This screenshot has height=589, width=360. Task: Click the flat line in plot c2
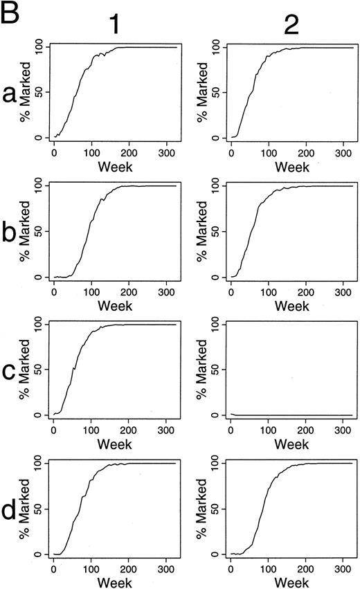click(x=291, y=415)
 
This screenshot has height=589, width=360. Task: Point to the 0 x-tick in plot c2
click(x=231, y=429)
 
